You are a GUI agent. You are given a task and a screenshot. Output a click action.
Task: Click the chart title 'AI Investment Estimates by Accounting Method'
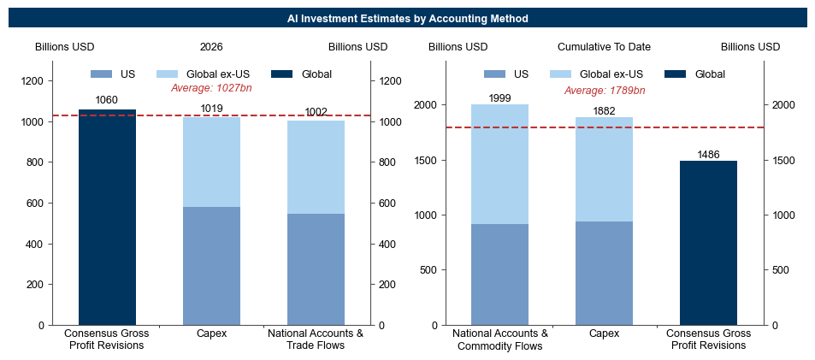tap(407, 19)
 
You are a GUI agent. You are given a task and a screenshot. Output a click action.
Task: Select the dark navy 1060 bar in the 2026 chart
tap(107, 217)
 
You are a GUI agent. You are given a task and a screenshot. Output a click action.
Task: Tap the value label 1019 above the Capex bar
tap(211, 109)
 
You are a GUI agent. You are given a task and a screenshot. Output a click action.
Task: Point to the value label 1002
tap(316, 112)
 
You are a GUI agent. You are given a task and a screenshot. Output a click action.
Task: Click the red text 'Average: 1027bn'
tap(211, 88)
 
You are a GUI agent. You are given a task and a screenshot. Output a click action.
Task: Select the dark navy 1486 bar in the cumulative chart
tap(708, 243)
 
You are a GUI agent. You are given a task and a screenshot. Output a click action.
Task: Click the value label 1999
tap(499, 98)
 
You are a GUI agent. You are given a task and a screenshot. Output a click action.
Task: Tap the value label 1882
tap(604, 110)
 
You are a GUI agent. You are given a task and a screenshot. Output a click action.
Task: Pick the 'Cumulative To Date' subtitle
tap(604, 47)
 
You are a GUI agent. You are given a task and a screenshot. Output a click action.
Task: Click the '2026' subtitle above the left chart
tap(211, 47)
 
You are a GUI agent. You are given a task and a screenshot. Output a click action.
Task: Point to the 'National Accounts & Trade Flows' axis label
tap(316, 339)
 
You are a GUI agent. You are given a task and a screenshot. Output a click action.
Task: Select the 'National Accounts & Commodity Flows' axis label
tap(499, 339)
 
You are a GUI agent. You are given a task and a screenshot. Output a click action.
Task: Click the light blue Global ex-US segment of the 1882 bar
tap(604, 169)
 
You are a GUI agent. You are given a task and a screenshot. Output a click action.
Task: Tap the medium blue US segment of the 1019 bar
tap(211, 266)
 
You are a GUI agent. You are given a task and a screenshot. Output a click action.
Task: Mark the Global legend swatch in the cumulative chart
tap(676, 74)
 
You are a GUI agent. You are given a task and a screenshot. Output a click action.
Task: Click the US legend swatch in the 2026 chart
tap(101, 74)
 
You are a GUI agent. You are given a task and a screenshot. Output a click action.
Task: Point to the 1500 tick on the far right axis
tap(779, 161)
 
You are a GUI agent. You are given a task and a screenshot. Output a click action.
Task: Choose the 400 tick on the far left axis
tap(39, 245)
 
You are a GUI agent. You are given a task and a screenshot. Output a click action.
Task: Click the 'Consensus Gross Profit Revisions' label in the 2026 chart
tap(107, 339)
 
